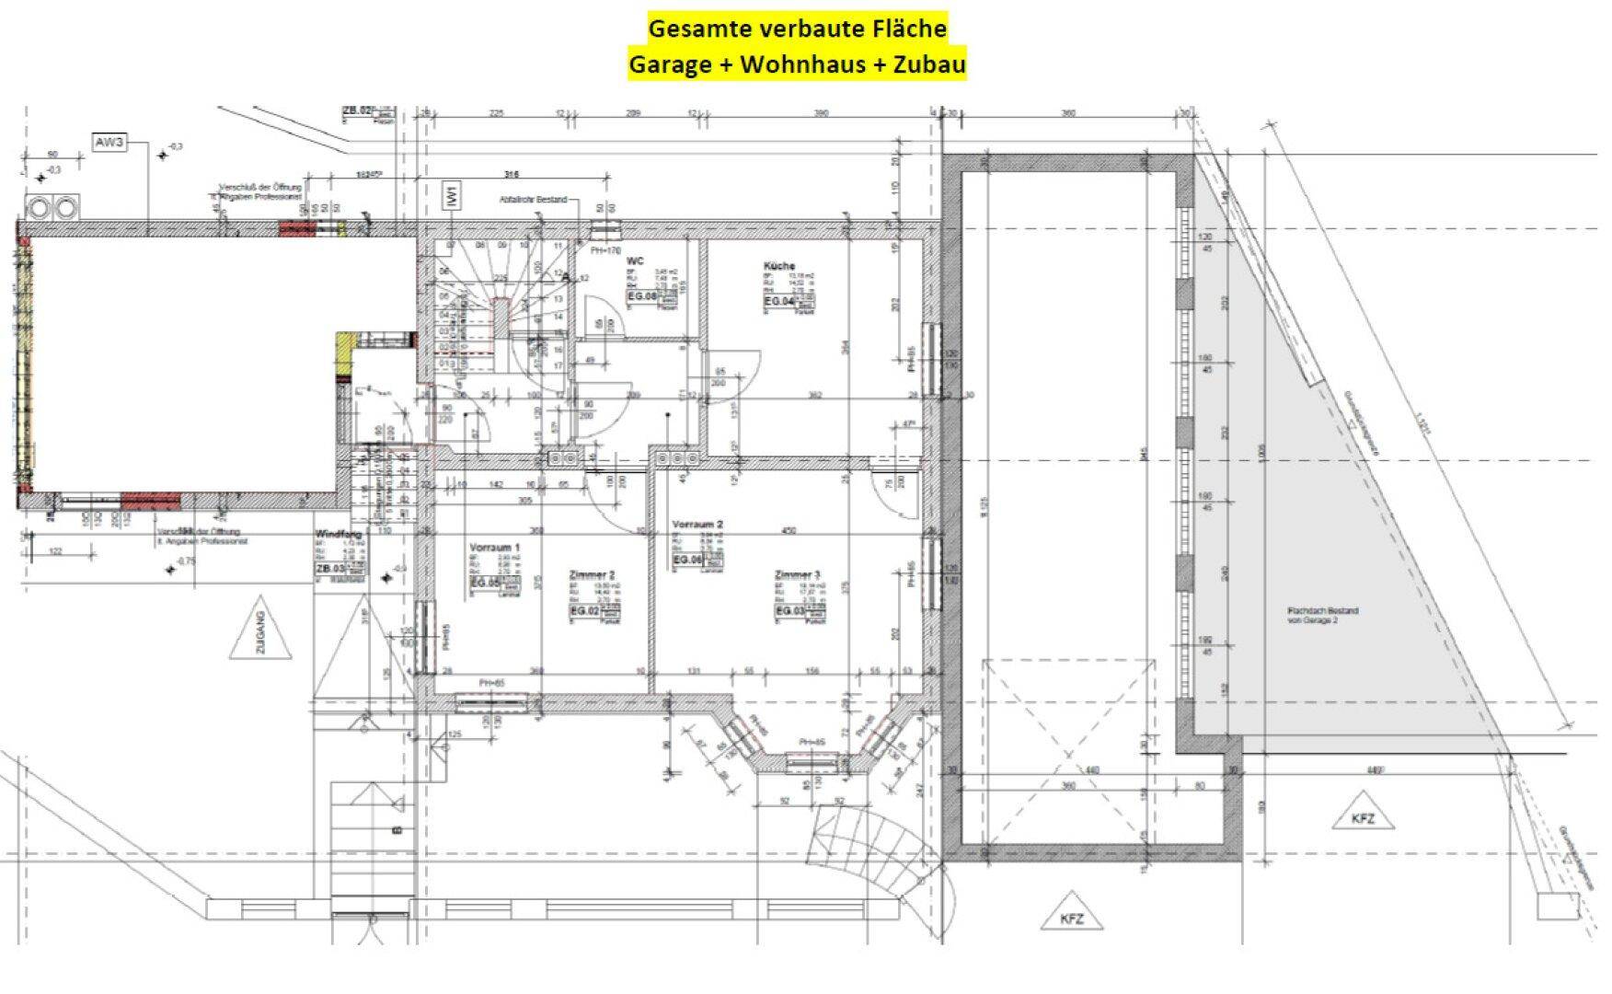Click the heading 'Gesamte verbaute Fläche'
[x=797, y=29]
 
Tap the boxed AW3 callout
[x=109, y=144]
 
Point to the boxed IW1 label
[x=453, y=195]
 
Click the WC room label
[x=634, y=261]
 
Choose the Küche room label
[x=778, y=266]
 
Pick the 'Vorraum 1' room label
[x=494, y=548]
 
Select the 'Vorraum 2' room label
[x=697, y=524]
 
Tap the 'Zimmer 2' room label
[x=592, y=575]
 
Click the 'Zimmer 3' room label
[x=797, y=575]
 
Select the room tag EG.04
[x=778, y=301]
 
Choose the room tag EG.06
[x=687, y=560]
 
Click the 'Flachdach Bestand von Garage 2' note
[x=1322, y=616]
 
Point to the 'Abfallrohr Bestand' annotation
[x=533, y=199]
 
